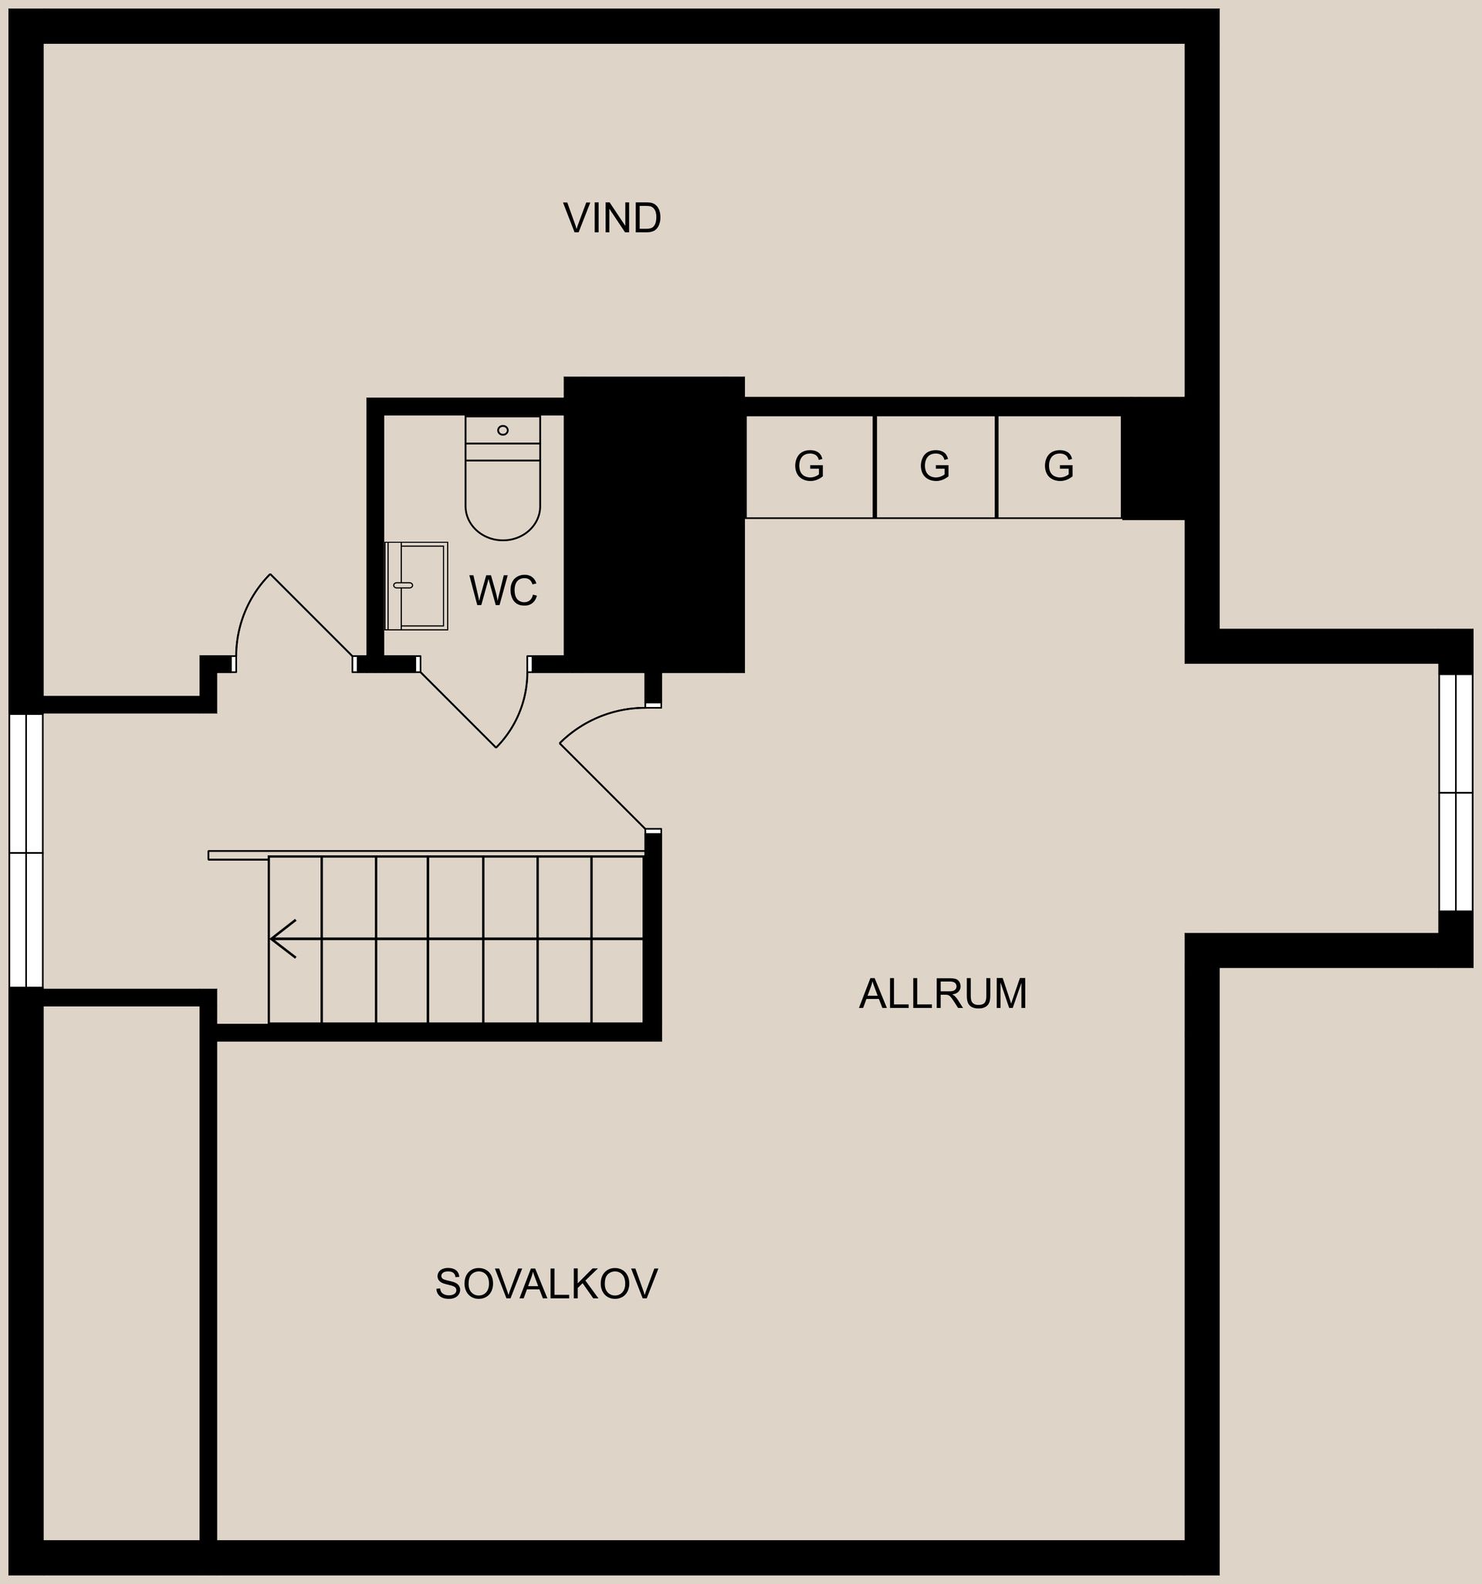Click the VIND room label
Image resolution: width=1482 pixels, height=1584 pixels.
coord(612,218)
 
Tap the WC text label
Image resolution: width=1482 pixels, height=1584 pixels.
coord(503,591)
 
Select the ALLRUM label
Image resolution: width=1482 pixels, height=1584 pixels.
coord(943,993)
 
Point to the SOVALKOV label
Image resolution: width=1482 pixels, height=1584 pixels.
coord(546,1284)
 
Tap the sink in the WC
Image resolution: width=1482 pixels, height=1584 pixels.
coord(416,586)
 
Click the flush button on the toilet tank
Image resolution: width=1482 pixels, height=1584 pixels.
coord(502,430)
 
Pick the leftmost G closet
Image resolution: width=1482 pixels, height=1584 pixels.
coord(810,466)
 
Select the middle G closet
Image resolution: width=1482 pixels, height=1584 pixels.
coord(936,466)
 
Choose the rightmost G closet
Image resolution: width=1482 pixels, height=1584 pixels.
coord(1060,466)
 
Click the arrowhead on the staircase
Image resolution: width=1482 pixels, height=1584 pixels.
coord(283,939)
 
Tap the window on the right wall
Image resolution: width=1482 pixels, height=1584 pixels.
coord(1456,792)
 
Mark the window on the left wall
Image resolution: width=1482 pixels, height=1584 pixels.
coord(25,850)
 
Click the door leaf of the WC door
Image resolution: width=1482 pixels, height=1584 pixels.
coord(458,710)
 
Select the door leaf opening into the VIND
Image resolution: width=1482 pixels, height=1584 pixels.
coord(313,616)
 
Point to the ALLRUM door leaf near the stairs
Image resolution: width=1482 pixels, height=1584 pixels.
coord(602,787)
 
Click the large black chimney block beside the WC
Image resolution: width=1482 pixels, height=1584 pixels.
coord(654,524)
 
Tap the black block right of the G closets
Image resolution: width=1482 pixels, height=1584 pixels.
coord(1153,459)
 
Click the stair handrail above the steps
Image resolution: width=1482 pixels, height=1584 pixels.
coord(426,855)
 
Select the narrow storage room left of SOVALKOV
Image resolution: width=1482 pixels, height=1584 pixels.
coord(120,1272)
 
